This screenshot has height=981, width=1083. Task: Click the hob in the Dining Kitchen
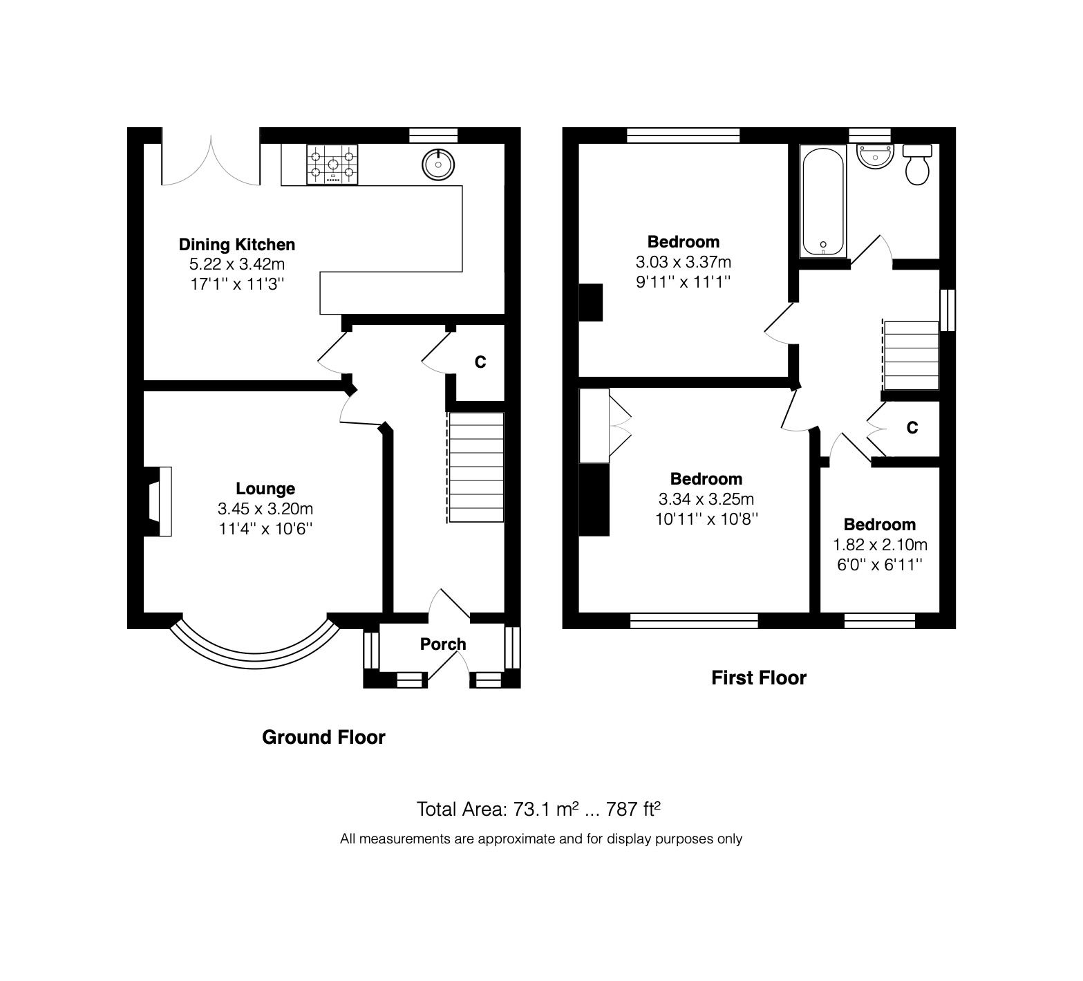pos(332,165)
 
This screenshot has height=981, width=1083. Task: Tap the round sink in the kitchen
pos(437,164)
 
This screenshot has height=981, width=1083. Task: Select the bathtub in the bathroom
pos(822,200)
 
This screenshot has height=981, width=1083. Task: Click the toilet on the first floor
pos(917,165)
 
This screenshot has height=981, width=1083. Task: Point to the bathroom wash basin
pos(875,156)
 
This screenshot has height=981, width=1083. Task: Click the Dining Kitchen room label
pos(237,244)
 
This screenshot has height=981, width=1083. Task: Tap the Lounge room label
pos(265,489)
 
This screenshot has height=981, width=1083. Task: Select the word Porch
pos(443,644)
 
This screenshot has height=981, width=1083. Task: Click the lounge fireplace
pos(158,501)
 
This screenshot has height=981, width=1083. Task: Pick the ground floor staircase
pos(476,467)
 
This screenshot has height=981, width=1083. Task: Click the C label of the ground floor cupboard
pos(480,362)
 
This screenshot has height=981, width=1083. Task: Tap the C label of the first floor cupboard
pos(912,428)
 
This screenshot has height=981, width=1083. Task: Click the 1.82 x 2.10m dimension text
pos(880,545)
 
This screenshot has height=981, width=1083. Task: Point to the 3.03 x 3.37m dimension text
pos(683,262)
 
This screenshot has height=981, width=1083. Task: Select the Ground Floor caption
pos(323,738)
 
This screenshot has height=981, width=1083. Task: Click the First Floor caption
pos(759,678)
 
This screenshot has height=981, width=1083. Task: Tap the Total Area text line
pos(540,809)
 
